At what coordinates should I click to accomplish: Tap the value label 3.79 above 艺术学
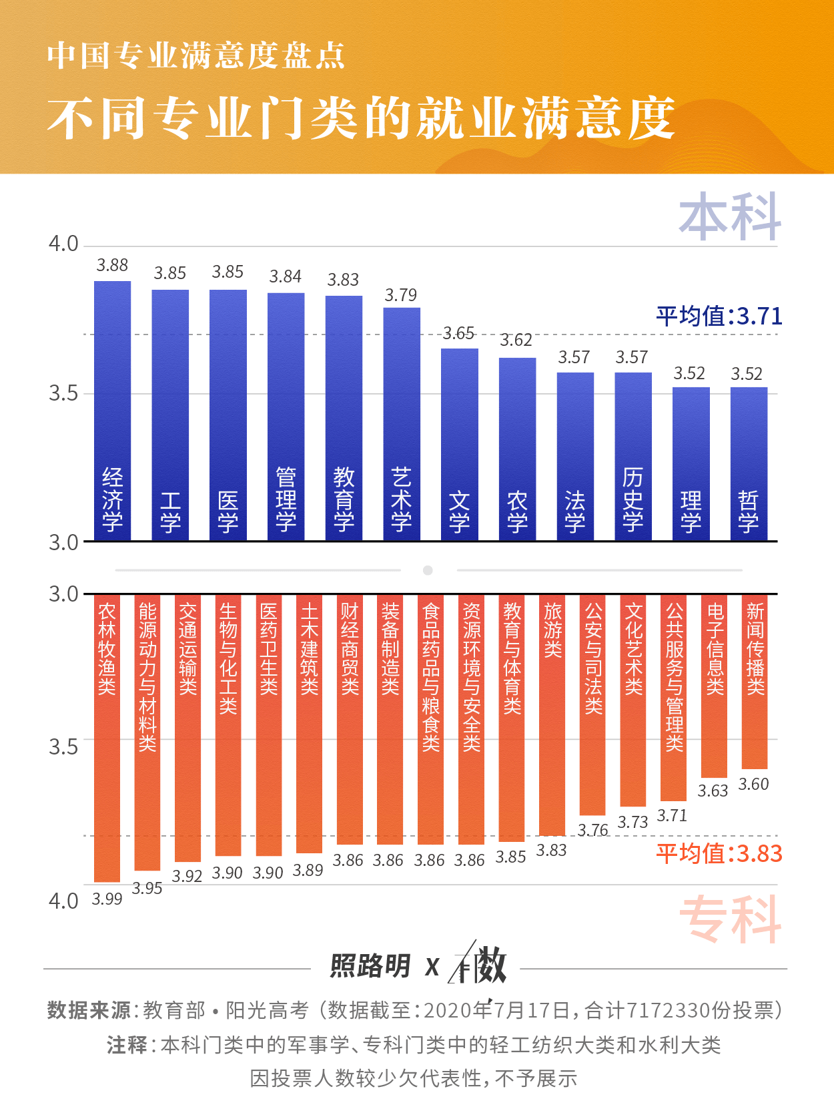click(401, 295)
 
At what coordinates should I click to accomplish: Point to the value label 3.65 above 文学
click(459, 333)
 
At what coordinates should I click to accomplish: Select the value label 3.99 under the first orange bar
click(107, 899)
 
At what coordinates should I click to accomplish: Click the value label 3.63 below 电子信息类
click(713, 791)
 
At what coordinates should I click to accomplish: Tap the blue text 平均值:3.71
click(719, 316)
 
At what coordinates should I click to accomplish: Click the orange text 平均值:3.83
click(719, 853)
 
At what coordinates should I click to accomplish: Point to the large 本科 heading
click(730, 216)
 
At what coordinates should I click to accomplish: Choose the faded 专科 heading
click(730, 919)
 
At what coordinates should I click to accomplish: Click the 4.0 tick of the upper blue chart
click(63, 244)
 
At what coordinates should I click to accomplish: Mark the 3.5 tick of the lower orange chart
click(63, 746)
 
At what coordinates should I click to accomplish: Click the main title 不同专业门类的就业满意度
click(361, 119)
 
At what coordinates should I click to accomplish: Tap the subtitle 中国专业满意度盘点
click(196, 55)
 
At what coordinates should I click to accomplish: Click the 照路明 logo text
click(370, 966)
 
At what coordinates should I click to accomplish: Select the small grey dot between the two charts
click(428, 570)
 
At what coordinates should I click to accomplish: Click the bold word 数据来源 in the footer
click(89, 1010)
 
